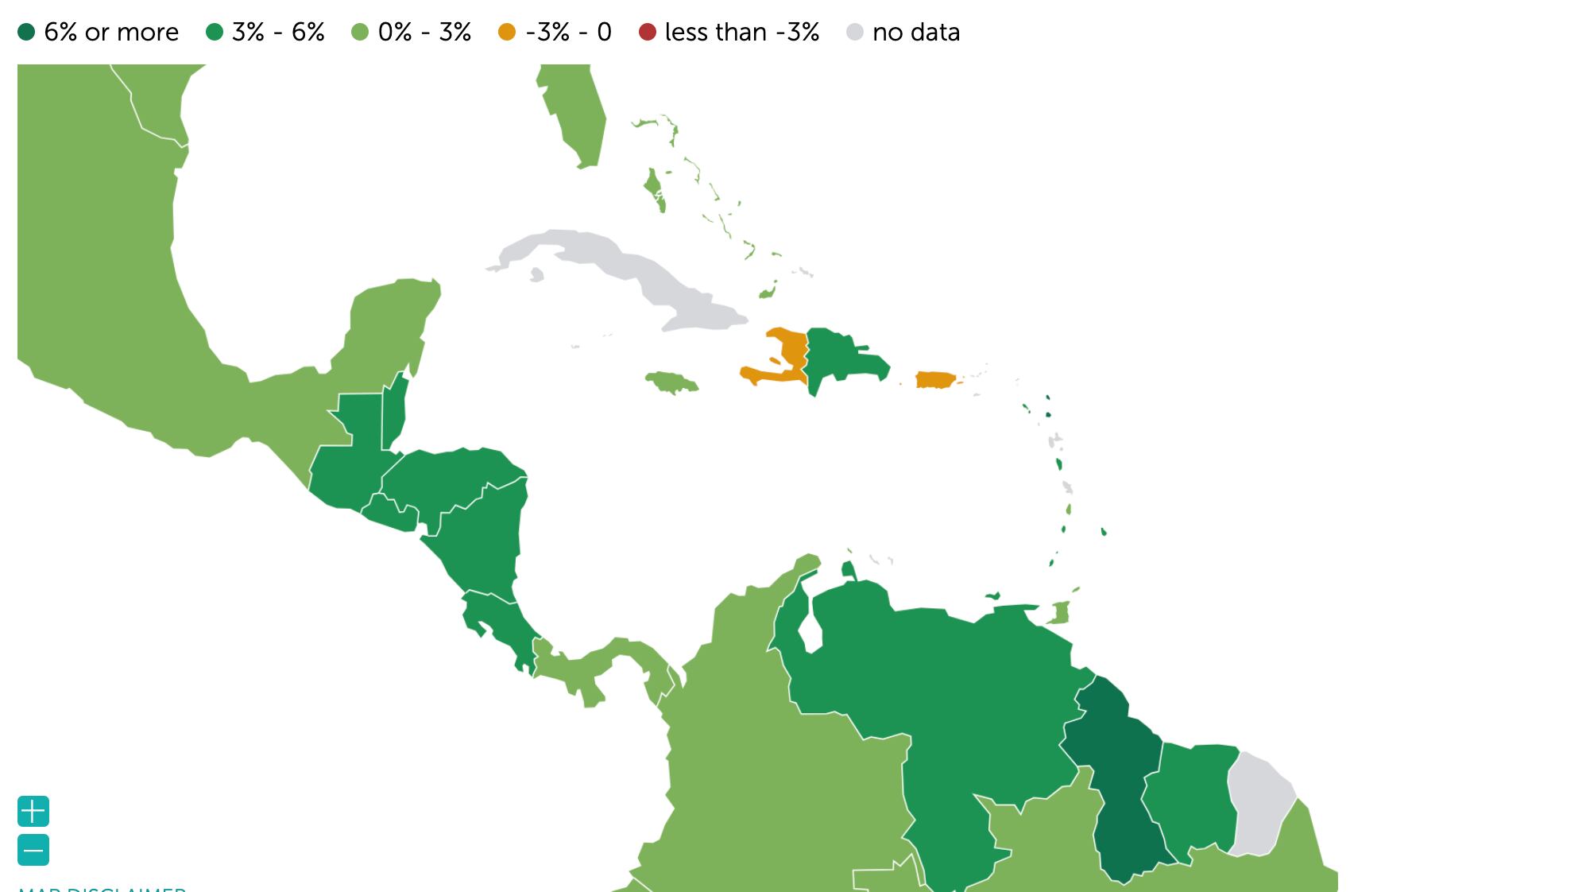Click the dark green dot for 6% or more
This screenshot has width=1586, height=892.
coord(26,33)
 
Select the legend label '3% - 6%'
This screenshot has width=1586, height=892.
coord(278,33)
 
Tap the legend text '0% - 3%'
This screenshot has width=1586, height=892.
coord(424,33)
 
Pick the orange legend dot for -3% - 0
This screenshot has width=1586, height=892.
coord(506,33)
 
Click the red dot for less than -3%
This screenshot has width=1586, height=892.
coord(648,33)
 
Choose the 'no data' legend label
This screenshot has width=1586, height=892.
coord(915,33)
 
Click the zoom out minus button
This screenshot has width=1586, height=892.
coord(33,850)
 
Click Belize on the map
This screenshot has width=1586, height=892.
coord(395,413)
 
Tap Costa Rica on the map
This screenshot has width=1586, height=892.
coord(497,624)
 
